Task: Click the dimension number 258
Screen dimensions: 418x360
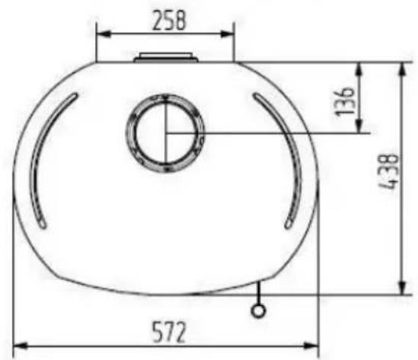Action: pyautogui.click(x=169, y=21)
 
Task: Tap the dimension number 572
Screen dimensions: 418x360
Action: pyautogui.click(x=169, y=333)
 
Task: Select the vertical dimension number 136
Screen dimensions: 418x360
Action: pyautogui.click(x=345, y=101)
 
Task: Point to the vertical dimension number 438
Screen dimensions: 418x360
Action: pyautogui.click(x=390, y=171)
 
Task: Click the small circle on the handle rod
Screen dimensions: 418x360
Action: pyautogui.click(x=258, y=311)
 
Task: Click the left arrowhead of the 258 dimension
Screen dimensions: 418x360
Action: pyautogui.click(x=104, y=33)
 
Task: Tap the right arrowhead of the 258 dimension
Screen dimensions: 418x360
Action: pyautogui.click(x=226, y=33)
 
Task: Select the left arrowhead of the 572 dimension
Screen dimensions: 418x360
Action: pyautogui.click(x=21, y=346)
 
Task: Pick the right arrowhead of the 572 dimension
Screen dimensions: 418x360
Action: pyautogui.click(x=311, y=346)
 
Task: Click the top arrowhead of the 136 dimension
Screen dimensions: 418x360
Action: pyautogui.click(x=359, y=69)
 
